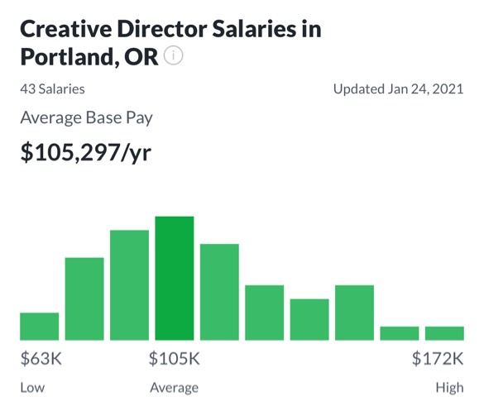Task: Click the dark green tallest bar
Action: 175,279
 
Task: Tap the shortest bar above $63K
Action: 40,327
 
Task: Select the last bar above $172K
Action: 444,333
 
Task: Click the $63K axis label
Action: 41,359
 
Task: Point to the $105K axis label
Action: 175,359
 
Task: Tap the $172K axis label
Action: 438,359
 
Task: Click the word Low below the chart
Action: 32,388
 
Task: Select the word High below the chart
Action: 450,388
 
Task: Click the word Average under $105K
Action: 175,388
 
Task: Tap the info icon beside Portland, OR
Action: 174,56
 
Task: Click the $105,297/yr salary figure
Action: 86,152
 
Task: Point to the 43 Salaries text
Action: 52,89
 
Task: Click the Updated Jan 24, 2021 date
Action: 399,89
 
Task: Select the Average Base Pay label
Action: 86,118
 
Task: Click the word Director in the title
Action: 162,29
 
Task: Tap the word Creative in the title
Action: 65,29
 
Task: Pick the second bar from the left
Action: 84,299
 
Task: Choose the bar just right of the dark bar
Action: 219,292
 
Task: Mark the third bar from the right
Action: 354,313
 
